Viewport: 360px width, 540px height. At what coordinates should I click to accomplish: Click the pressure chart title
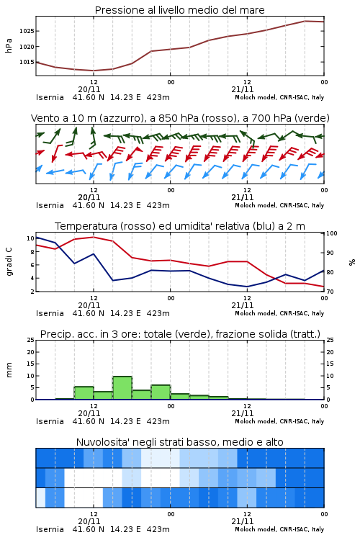(179, 10)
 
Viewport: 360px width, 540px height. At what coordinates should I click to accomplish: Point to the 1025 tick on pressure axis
(27, 31)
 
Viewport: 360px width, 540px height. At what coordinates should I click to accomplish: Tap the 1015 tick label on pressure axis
(27, 62)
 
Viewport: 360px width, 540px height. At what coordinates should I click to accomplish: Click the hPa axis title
(9, 45)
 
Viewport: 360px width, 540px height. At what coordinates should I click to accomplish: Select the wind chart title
(180, 118)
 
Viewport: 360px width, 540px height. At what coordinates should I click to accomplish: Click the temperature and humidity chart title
(180, 226)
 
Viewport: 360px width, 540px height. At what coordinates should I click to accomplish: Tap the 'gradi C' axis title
(9, 261)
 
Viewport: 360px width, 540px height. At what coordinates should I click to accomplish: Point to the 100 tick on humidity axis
(332, 233)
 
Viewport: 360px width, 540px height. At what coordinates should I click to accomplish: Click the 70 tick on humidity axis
(330, 292)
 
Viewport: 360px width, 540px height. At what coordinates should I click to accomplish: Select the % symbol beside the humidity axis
(352, 262)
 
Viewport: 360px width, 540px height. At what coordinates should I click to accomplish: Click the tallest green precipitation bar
(122, 388)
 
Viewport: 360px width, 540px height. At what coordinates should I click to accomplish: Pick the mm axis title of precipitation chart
(9, 370)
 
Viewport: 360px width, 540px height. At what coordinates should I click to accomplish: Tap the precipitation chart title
(180, 334)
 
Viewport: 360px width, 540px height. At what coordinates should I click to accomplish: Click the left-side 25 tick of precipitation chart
(31, 340)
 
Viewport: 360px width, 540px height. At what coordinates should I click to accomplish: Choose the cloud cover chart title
(180, 442)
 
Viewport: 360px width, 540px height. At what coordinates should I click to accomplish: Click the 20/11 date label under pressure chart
(89, 89)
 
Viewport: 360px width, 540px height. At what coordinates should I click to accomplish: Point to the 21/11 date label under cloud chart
(243, 521)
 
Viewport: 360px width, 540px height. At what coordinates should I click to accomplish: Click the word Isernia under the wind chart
(50, 205)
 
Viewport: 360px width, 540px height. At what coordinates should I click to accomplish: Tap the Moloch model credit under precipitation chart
(279, 421)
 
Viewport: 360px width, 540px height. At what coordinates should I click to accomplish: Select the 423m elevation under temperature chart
(158, 313)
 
